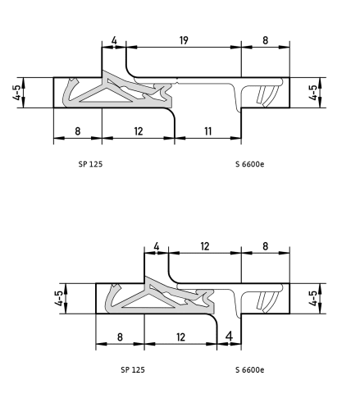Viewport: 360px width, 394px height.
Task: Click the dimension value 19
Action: point(184,40)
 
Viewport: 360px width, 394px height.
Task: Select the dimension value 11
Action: point(208,131)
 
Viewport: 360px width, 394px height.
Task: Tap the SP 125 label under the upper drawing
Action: point(90,164)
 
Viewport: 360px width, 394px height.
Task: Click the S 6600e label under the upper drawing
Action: point(250,164)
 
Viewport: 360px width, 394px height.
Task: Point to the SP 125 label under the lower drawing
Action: point(133,370)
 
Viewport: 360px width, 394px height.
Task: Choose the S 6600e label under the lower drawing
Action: point(250,370)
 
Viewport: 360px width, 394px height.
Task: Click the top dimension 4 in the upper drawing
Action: point(114,40)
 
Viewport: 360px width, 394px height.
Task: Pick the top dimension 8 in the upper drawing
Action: point(265,40)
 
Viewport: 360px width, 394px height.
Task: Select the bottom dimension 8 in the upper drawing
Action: point(78,131)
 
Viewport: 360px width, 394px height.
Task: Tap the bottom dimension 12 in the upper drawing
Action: point(139,131)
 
